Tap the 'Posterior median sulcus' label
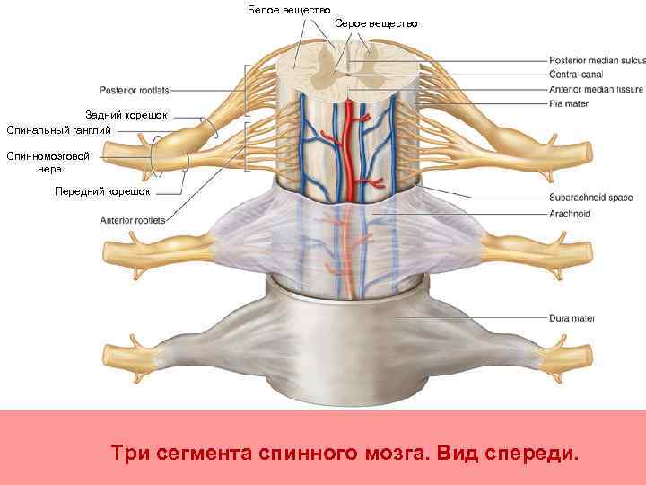(597, 59)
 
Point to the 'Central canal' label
(576, 75)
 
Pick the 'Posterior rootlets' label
(134, 90)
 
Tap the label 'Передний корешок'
(102, 191)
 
